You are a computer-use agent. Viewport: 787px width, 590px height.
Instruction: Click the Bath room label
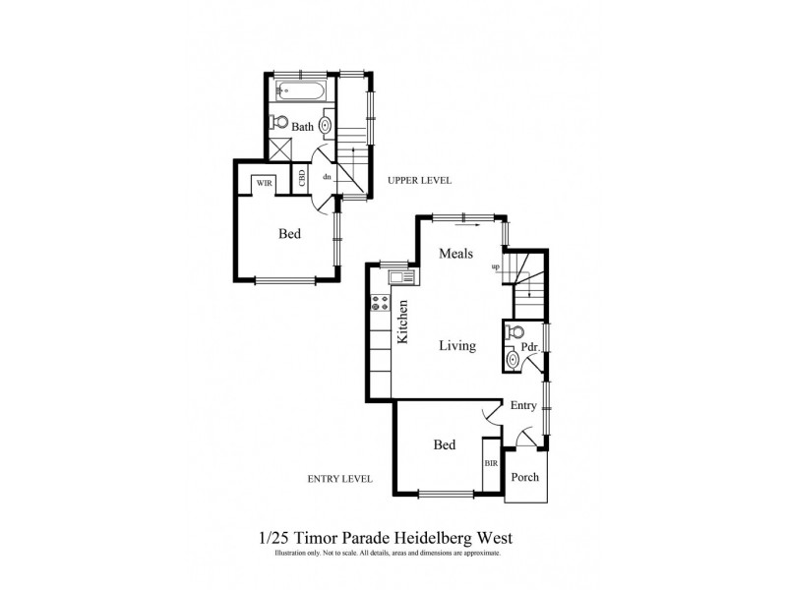click(x=302, y=127)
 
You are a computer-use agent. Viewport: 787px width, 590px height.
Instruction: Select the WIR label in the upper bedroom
click(x=264, y=183)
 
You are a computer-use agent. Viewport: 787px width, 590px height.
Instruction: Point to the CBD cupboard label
click(x=301, y=178)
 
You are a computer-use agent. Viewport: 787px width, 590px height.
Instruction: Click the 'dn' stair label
click(x=326, y=177)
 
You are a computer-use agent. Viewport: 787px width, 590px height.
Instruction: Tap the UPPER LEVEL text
click(x=419, y=180)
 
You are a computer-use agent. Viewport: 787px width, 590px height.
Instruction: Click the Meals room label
click(x=457, y=254)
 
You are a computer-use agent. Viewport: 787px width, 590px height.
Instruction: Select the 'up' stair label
click(x=496, y=266)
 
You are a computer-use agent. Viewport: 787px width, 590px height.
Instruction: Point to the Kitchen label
click(x=402, y=322)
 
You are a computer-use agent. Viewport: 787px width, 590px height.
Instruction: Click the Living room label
click(x=457, y=346)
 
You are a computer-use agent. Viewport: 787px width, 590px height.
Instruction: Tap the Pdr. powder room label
click(x=528, y=347)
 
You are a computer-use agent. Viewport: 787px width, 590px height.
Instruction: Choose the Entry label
click(x=523, y=405)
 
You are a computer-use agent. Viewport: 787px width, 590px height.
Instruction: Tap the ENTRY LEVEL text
click(x=340, y=479)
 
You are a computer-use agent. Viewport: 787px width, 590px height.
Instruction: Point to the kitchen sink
click(x=399, y=278)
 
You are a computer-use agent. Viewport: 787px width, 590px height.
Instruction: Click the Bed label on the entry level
click(x=445, y=445)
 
